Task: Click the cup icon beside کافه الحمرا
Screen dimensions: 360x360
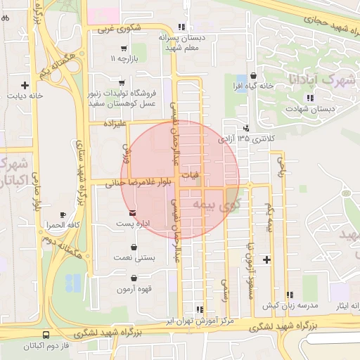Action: click(63, 214)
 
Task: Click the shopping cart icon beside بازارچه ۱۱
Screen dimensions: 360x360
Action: click(124, 49)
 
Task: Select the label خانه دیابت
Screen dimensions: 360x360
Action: click(25, 95)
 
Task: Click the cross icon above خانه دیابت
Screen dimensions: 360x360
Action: click(25, 84)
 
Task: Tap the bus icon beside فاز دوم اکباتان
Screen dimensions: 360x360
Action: click(46, 335)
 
